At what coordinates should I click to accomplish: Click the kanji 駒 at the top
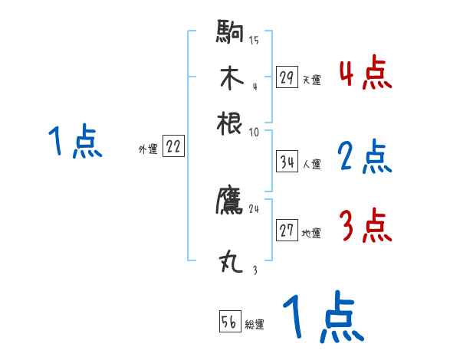pos(230,34)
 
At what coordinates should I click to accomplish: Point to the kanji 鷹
pos(230,201)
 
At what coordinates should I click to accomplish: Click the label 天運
pos(311,80)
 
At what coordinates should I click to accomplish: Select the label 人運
pos(311,164)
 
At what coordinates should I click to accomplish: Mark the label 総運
pos(255,325)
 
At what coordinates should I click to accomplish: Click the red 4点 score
pos(365,73)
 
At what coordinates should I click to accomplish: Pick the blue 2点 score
pos(365,157)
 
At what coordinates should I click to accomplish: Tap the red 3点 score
pos(365,226)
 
